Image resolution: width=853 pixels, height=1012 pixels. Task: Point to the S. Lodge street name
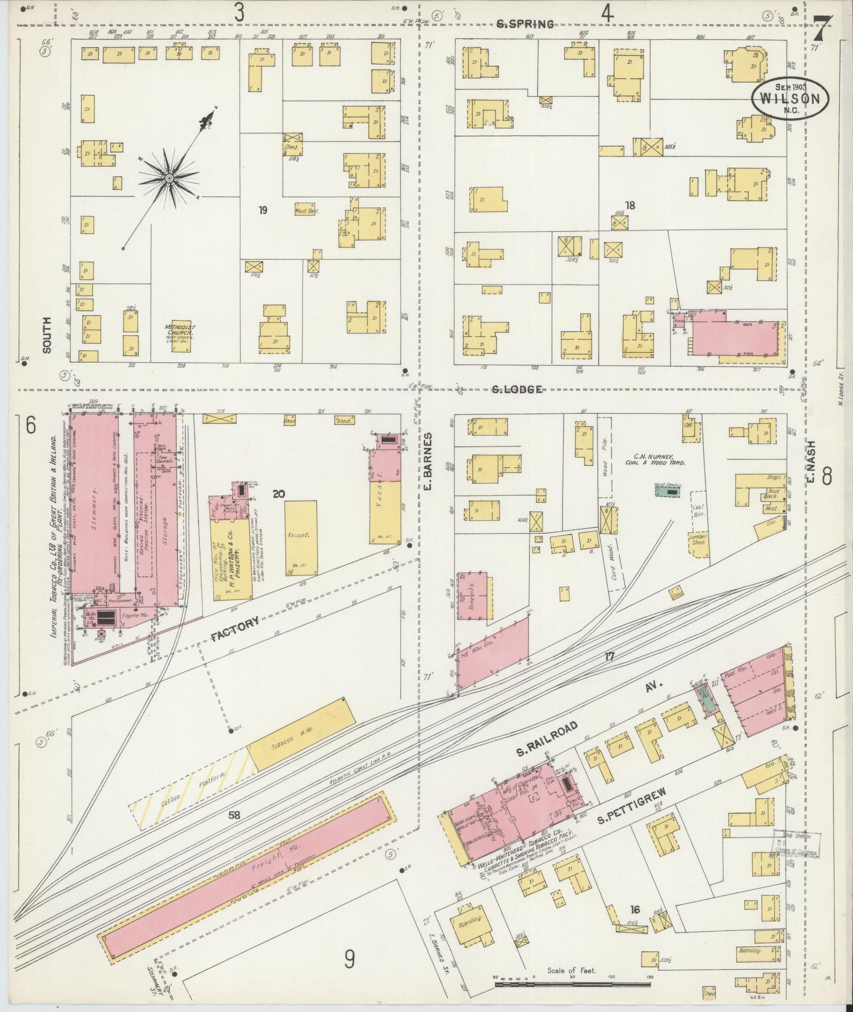click(x=517, y=390)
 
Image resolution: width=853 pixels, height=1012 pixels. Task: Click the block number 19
click(x=263, y=211)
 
